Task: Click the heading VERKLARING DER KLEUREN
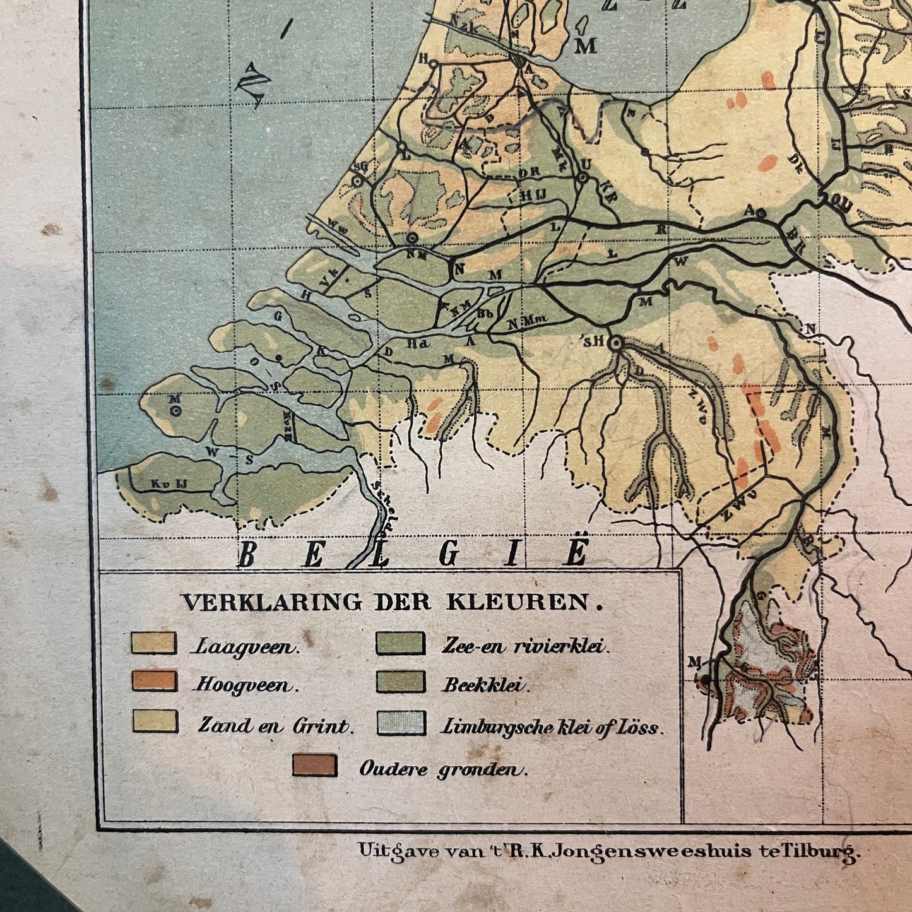[x=392, y=602]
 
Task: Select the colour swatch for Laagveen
[x=153, y=643]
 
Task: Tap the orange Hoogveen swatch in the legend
[x=153, y=682]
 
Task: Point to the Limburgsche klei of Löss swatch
[x=401, y=723]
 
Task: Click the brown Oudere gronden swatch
[x=314, y=766]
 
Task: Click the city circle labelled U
[x=583, y=178]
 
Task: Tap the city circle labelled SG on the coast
[x=357, y=181]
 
